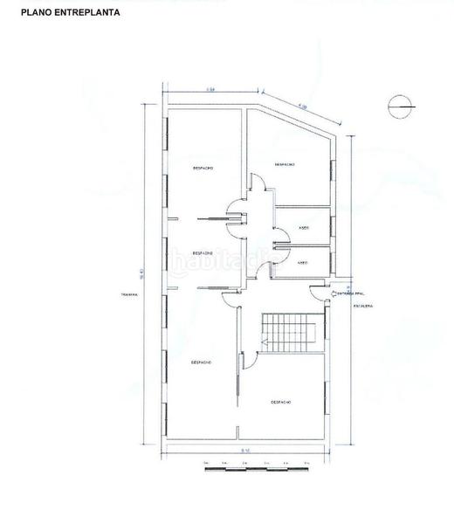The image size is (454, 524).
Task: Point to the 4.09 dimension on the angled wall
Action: pyautogui.click(x=303, y=107)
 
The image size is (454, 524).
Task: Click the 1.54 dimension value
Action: pyautogui.click(x=210, y=90)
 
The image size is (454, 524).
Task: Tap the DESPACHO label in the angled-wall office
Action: pyautogui.click(x=284, y=164)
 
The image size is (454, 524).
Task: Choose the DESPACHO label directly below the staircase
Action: pyautogui.click(x=281, y=401)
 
